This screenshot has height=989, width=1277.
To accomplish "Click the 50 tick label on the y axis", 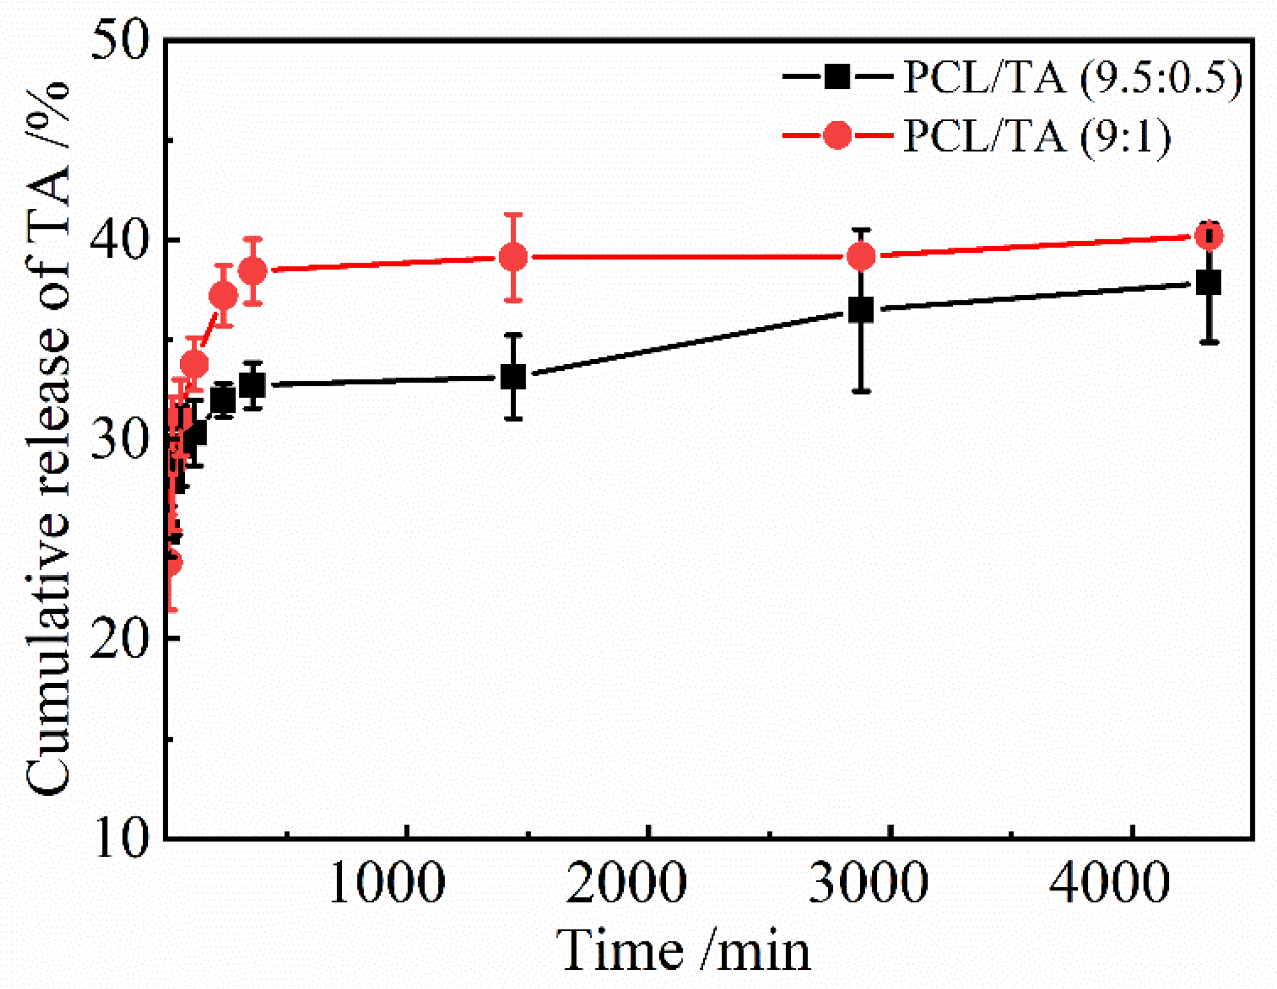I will coord(120,41).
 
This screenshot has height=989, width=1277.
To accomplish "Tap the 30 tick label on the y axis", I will coord(120,439).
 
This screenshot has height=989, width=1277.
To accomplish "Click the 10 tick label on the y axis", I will coord(120,838).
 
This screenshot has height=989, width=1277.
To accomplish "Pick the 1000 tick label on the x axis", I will coord(387,883).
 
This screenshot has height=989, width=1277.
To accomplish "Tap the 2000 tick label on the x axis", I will coord(626,883).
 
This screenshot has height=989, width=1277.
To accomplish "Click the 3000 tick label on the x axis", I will coord(868,883).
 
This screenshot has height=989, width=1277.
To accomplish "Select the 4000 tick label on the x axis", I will coord(1108,883).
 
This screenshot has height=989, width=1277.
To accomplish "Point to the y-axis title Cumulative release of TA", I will coord(48,439).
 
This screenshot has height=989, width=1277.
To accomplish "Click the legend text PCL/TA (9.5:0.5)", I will coord(1072,79).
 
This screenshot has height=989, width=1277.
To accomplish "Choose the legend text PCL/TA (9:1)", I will coord(1037,137).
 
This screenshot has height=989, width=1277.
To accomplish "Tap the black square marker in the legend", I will coord(837,77).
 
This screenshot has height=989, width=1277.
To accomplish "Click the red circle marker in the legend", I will coord(837,135).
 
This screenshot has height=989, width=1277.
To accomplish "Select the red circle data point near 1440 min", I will coord(513,257).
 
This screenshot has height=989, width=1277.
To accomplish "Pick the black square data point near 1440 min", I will coord(513,376).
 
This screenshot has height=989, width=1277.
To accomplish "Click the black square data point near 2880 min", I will coord(861,310).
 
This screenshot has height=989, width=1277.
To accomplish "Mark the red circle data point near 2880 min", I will coord(861,256).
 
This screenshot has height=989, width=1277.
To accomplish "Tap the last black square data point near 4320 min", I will coord(1208,283).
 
